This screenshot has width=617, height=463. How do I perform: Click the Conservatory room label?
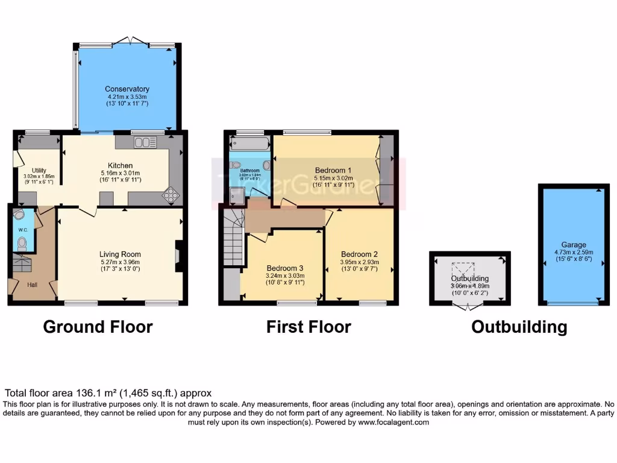[x=127, y=89]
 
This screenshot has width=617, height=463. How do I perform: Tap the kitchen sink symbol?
[x=145, y=142]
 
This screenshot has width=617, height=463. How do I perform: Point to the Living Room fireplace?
[x=178, y=256]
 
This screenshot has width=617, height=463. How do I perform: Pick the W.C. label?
[x=22, y=230]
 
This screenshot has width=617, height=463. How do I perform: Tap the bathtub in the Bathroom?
[x=249, y=143]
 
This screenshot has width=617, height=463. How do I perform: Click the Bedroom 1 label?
[x=333, y=169]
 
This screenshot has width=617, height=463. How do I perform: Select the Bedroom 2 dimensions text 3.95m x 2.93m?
[x=359, y=262]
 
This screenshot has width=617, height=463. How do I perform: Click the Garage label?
[x=574, y=245]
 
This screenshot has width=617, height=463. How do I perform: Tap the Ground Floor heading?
[x=98, y=327]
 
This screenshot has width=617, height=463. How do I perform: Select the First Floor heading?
[x=308, y=327]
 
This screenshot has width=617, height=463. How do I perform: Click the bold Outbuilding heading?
[x=519, y=327]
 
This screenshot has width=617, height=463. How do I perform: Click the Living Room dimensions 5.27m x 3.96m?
[x=120, y=262]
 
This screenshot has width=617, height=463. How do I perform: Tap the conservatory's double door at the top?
[x=130, y=41]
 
